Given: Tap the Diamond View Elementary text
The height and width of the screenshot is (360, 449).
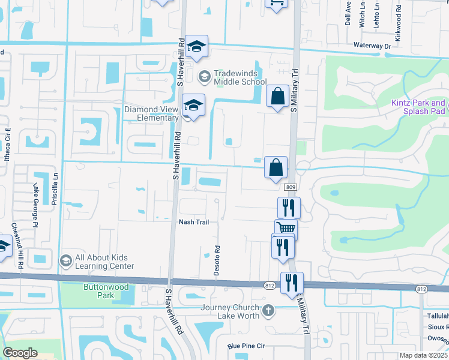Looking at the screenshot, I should [151, 114].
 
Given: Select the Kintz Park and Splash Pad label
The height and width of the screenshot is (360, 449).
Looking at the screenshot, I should [418, 107].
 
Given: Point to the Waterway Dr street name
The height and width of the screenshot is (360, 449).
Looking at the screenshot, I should [372, 46].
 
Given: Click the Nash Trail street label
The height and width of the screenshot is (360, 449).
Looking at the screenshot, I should [194, 222].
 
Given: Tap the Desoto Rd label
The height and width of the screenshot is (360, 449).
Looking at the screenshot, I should [217, 260].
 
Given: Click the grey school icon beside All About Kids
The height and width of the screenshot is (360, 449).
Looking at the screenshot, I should [65, 261].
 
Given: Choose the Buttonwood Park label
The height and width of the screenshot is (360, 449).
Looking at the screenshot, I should [106, 291].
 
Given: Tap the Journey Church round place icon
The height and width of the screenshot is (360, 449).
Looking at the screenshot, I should [268, 311].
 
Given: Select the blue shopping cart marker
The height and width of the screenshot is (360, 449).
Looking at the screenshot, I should [286, 229].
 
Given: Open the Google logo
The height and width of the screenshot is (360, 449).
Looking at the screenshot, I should [20, 352].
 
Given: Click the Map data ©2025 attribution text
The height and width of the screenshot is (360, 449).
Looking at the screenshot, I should [423, 355].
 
